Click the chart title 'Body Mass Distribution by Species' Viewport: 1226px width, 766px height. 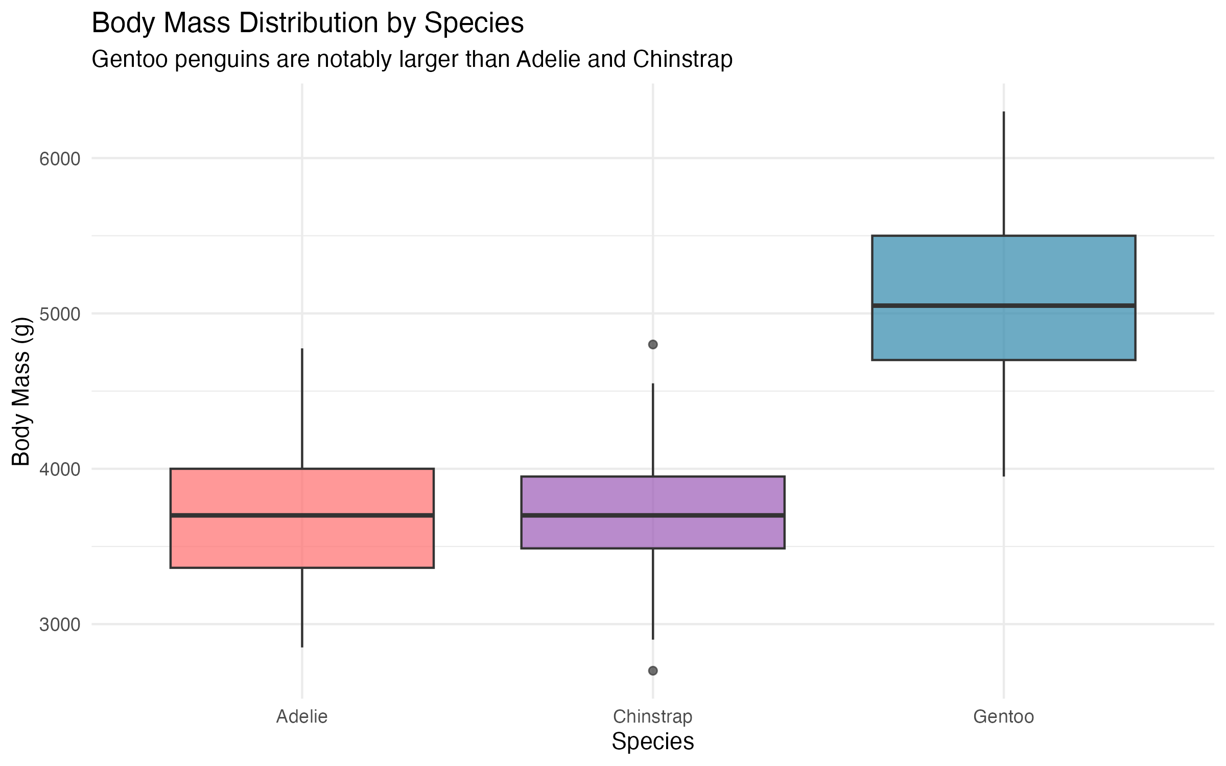(x=308, y=23)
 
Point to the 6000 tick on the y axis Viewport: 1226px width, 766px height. (x=60, y=159)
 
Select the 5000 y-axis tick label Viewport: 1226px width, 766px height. (x=60, y=314)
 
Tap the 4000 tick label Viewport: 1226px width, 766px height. (x=60, y=469)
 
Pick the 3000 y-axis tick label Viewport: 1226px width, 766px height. (x=60, y=625)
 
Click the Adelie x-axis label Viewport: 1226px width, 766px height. (x=302, y=716)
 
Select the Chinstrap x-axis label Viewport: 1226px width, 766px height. (x=652, y=716)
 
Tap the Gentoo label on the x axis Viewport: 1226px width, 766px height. (x=1003, y=716)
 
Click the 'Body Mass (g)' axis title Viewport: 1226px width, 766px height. (x=21, y=391)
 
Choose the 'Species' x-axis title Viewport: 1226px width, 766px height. (x=652, y=741)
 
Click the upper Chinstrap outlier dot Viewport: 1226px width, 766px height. (x=653, y=345)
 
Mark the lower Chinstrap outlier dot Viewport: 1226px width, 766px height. (x=653, y=671)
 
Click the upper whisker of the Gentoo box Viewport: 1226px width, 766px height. (x=1004, y=174)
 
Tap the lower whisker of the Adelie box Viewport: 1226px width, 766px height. (x=302, y=608)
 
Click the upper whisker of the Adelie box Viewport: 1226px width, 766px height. (x=302, y=409)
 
